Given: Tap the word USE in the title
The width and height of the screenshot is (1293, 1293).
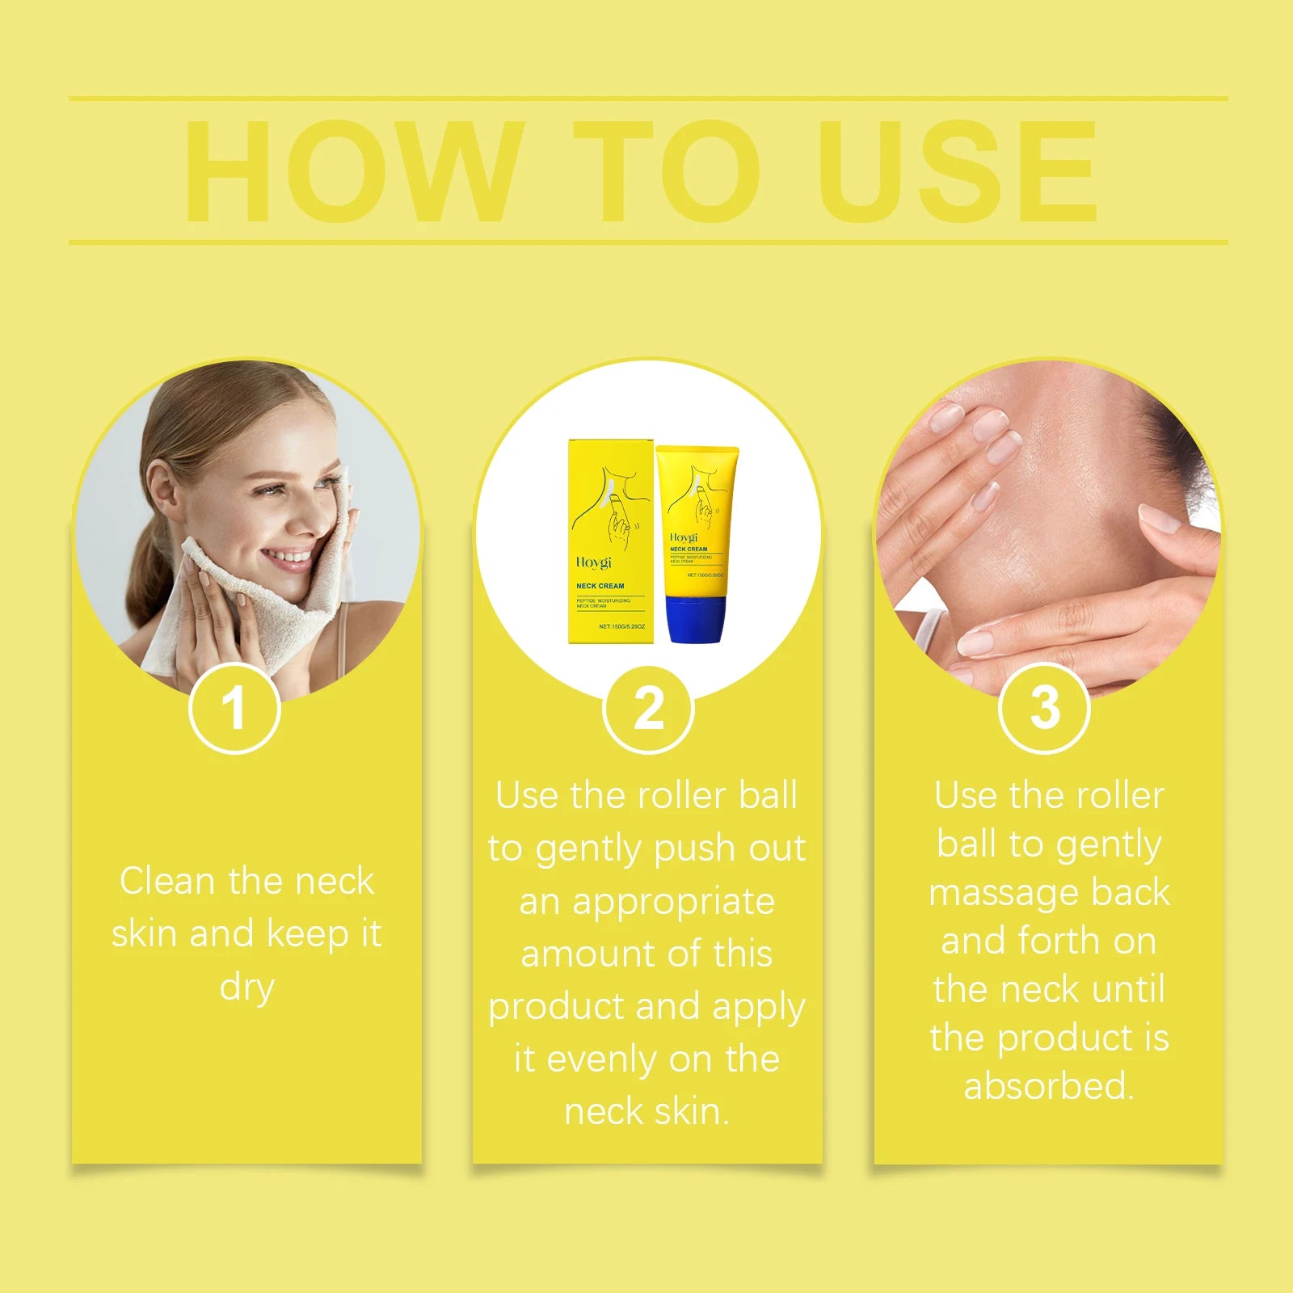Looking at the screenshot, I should pos(958,171).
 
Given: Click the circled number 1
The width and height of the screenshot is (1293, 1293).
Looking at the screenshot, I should pos(234,708).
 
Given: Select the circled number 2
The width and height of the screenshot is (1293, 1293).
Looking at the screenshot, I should pos(648,709).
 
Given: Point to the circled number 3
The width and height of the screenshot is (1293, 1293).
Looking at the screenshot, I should pos(1044,708).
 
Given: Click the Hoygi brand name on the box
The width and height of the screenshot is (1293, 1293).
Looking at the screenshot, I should pos(594,562).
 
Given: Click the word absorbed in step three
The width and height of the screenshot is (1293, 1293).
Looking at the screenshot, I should pos(1048,1086).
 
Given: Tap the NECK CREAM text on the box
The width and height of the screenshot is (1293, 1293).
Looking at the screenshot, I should pos(600,586).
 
